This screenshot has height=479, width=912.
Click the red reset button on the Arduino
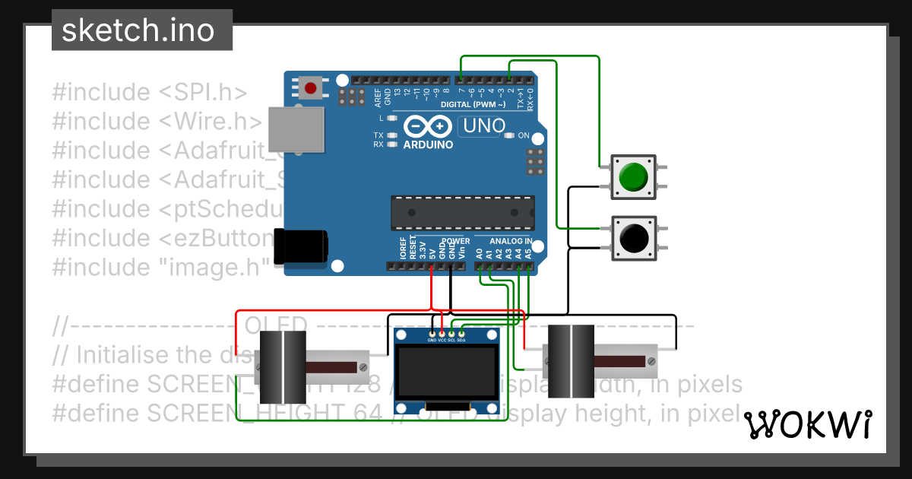point(310,89)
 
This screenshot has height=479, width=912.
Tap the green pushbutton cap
point(632,177)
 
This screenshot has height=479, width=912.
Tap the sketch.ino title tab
point(137,30)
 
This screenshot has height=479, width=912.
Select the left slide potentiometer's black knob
point(283,367)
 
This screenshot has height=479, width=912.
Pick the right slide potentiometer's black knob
point(570,362)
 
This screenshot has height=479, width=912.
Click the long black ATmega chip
point(462,212)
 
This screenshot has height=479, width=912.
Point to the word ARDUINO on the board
point(428,144)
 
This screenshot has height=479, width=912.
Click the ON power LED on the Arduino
point(509,135)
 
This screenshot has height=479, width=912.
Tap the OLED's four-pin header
point(446,334)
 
